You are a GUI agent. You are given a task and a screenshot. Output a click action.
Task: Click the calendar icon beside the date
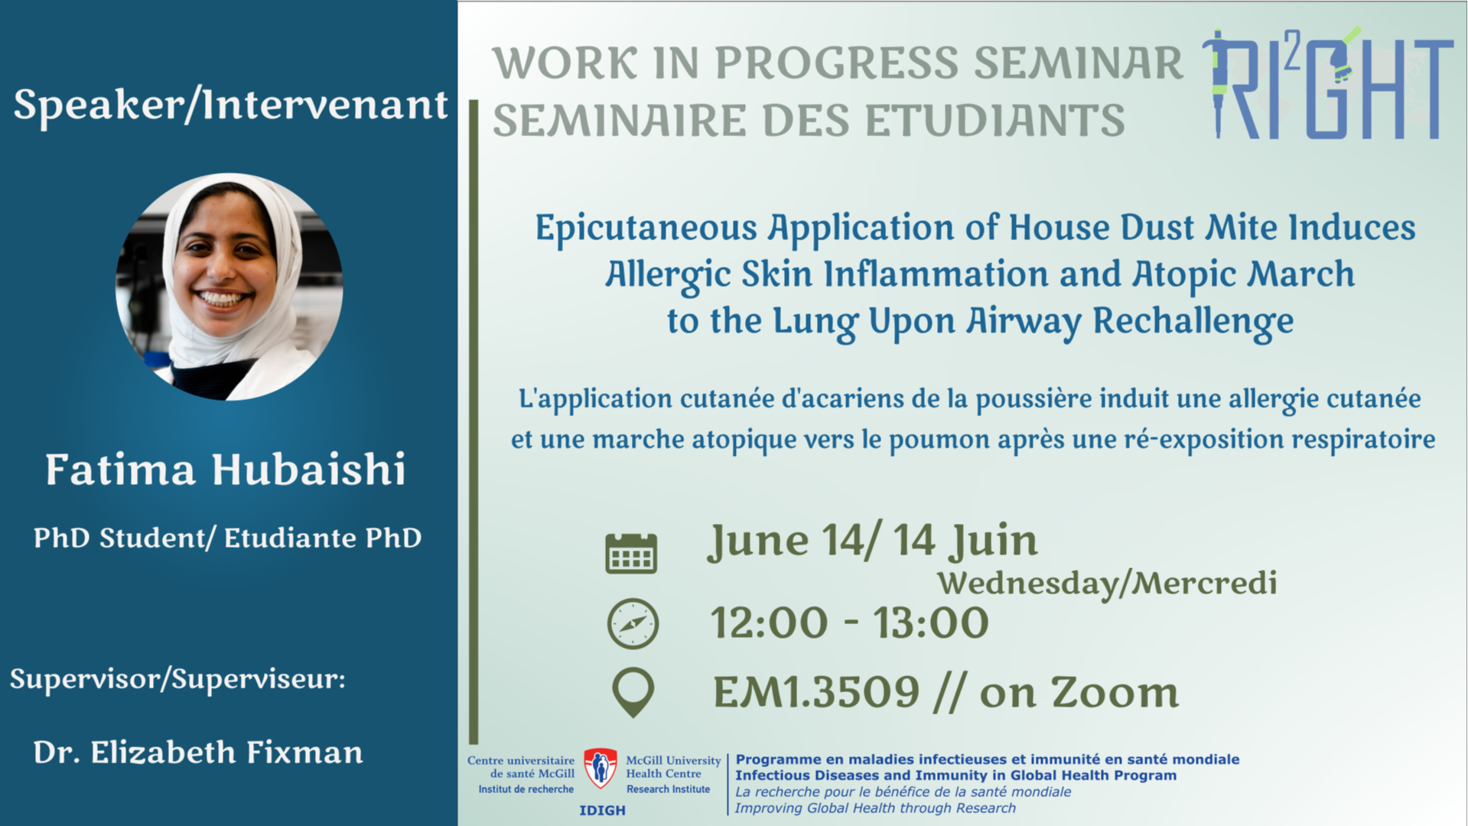[x=631, y=552]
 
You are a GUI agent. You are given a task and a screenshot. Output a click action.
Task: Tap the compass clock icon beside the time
[x=633, y=623]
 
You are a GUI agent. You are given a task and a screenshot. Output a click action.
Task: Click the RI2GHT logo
[x=1327, y=84]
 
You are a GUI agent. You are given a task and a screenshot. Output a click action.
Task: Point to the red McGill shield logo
[x=601, y=768]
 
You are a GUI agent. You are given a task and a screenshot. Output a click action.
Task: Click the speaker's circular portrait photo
[x=229, y=287]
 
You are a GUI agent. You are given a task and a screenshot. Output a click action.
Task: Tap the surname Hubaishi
[x=308, y=469]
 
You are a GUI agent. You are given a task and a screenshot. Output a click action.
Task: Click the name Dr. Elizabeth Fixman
[x=198, y=753]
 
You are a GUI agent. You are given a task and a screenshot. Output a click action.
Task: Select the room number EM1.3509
[x=816, y=692]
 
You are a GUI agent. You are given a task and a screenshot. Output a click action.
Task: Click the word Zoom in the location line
[x=1115, y=692]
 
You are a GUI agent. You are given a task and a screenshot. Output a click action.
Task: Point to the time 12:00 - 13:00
[x=850, y=623]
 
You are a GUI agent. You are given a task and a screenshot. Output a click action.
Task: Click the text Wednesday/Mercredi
[x=1108, y=583]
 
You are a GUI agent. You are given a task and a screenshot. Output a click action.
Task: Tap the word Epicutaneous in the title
[x=646, y=229]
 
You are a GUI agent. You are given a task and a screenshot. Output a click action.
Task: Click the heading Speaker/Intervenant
[x=230, y=105]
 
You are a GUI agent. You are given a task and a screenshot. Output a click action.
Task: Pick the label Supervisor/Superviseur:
[x=177, y=679]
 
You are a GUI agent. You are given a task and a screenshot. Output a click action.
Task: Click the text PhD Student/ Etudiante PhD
[x=228, y=538]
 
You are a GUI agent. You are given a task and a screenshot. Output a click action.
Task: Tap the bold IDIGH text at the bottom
[x=602, y=811]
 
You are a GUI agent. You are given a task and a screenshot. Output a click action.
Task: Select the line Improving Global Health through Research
[x=875, y=808]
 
